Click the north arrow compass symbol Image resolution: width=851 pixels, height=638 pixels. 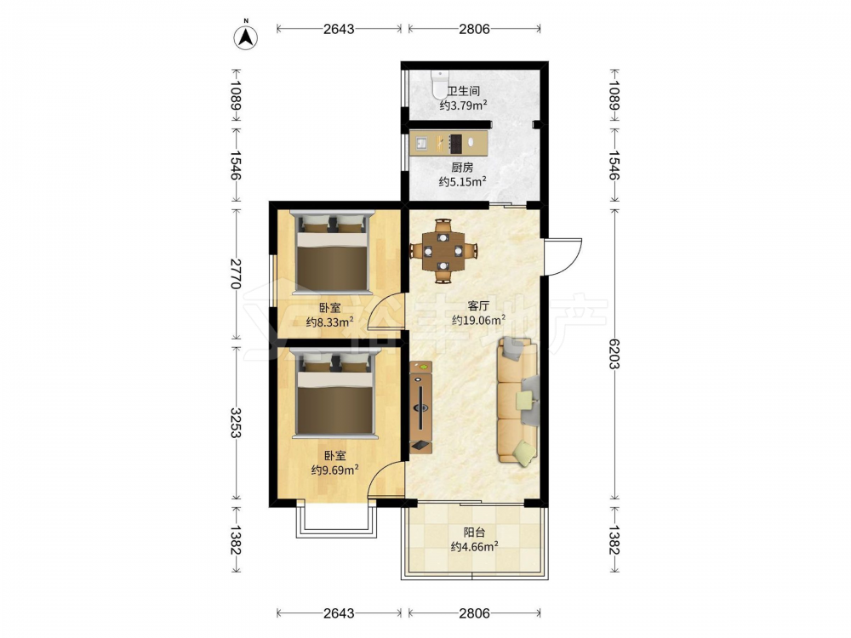246,37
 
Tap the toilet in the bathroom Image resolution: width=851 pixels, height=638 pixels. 438,83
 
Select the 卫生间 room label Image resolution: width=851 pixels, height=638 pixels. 463,91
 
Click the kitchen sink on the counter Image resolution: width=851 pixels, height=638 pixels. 422,143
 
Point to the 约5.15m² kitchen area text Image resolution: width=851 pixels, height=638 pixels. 462,181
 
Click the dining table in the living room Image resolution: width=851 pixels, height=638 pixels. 443,251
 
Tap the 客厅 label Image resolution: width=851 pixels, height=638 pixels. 478,305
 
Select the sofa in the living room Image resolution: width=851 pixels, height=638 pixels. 518,402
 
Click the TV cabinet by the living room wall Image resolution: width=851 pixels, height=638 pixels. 420,407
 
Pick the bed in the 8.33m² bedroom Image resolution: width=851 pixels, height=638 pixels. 332,252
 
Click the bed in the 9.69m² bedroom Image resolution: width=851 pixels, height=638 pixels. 334,393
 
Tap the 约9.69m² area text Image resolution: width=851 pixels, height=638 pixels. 334,470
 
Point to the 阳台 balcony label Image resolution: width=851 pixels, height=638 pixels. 474,533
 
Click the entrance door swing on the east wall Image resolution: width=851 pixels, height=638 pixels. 564,256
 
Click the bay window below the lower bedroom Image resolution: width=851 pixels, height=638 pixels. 336,521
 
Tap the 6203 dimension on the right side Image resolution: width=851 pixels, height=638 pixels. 614,354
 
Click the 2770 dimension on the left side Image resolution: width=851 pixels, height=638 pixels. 235,274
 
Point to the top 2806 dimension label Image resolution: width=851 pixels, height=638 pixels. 474,29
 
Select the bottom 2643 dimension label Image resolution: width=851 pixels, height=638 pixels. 339,613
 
